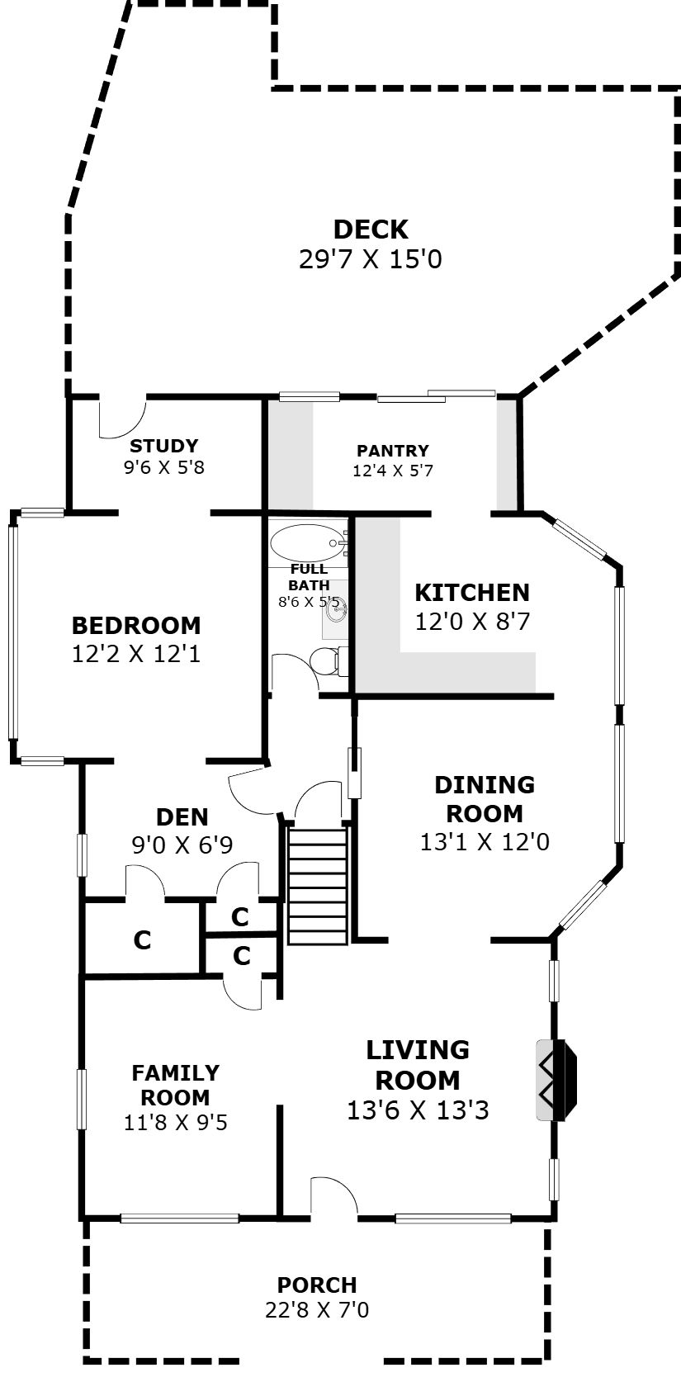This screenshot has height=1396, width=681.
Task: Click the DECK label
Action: click(x=371, y=230)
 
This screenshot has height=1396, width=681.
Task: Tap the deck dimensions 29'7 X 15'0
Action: click(x=370, y=259)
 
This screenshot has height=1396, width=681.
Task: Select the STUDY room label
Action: click(x=164, y=446)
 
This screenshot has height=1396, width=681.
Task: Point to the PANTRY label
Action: click(x=393, y=451)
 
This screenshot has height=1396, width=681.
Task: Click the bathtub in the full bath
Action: click(x=307, y=543)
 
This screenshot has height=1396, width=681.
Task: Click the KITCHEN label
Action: click(x=472, y=593)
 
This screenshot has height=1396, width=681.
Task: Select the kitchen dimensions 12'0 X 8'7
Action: click(x=472, y=622)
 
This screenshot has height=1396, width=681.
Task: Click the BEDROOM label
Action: click(x=136, y=625)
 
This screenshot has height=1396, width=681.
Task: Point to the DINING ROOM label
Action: click(x=485, y=799)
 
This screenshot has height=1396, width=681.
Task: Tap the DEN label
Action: click(x=182, y=816)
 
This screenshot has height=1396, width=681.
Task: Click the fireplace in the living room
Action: click(x=556, y=1080)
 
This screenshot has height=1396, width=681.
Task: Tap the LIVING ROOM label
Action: click(x=418, y=1065)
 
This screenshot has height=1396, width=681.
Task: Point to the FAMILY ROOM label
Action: click(x=176, y=1085)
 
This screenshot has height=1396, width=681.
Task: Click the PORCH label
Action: click(x=317, y=1285)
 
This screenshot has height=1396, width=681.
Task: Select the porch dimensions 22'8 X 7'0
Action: click(x=317, y=1310)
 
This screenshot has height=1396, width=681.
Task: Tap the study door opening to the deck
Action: click(x=123, y=416)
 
